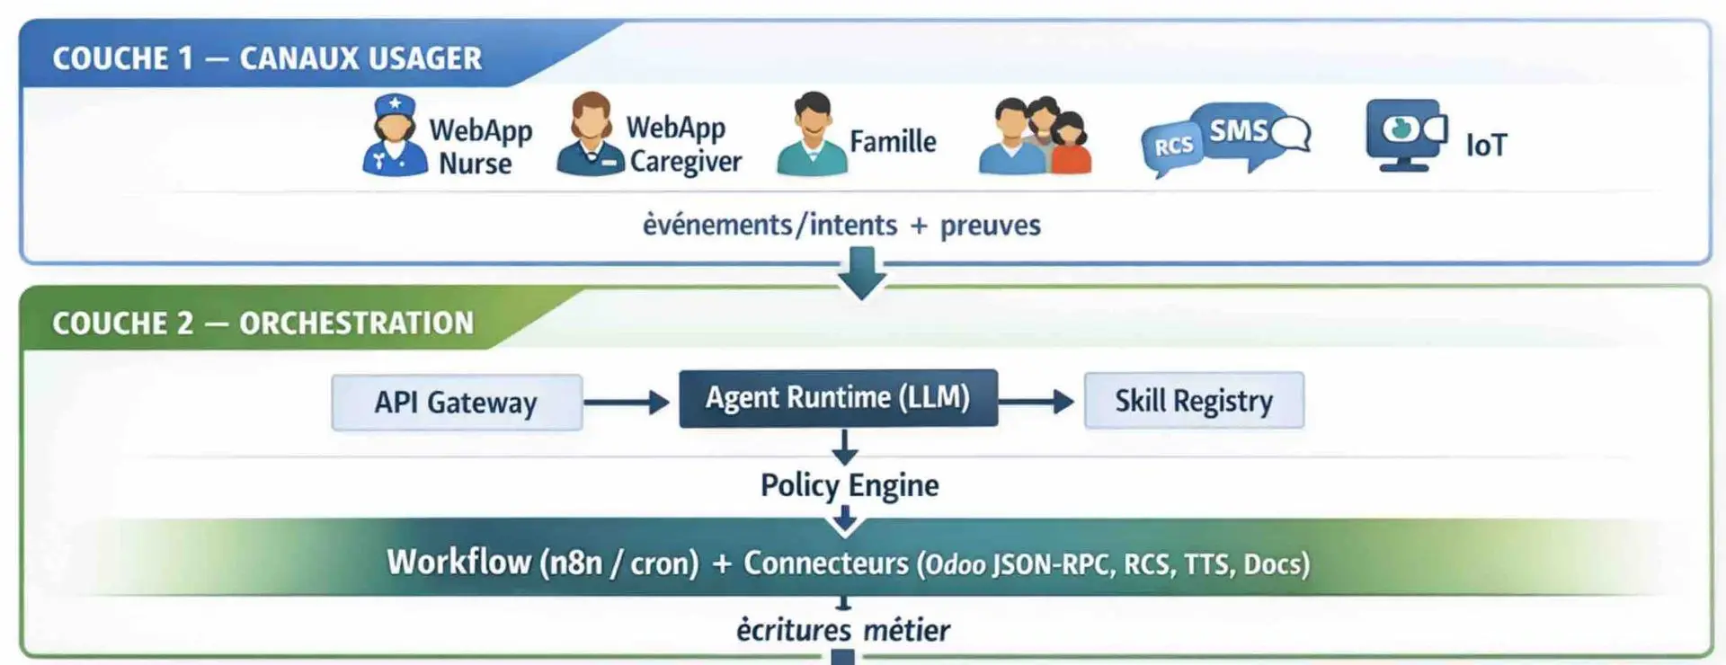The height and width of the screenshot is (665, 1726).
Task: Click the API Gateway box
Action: click(x=457, y=402)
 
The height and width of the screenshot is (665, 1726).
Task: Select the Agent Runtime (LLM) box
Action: click(x=838, y=397)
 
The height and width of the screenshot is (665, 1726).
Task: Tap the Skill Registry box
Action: click(x=1194, y=400)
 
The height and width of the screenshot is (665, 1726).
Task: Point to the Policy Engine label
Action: click(x=850, y=485)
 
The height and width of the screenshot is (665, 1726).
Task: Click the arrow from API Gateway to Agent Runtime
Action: click(x=627, y=402)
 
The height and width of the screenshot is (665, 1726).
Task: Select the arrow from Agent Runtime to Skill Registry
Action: click(x=1036, y=401)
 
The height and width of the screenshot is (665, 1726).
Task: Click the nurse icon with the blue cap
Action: click(x=395, y=136)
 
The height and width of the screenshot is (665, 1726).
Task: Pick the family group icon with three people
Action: click(x=1036, y=137)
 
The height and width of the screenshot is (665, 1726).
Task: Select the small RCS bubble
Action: click(x=1173, y=146)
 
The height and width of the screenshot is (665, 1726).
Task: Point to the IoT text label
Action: click(x=1486, y=145)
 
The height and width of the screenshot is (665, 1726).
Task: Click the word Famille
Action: click(x=893, y=142)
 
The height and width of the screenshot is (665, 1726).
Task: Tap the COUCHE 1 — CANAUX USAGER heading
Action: click(x=267, y=58)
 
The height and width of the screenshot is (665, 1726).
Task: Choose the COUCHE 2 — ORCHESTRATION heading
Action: click(x=262, y=323)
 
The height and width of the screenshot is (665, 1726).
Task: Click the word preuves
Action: click(x=990, y=225)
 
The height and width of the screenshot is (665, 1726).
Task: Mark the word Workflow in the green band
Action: click(x=458, y=563)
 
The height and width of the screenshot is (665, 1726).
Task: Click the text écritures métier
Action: click(x=842, y=630)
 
